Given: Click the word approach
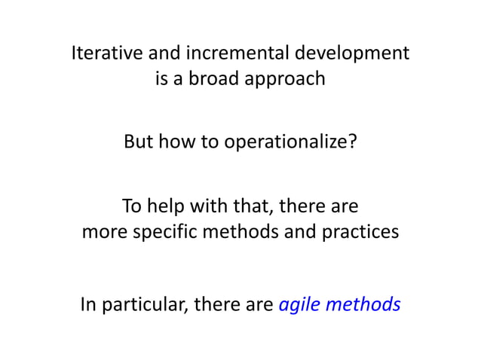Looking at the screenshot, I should pos(289,78).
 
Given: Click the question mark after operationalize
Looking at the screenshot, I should pos(352,142).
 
